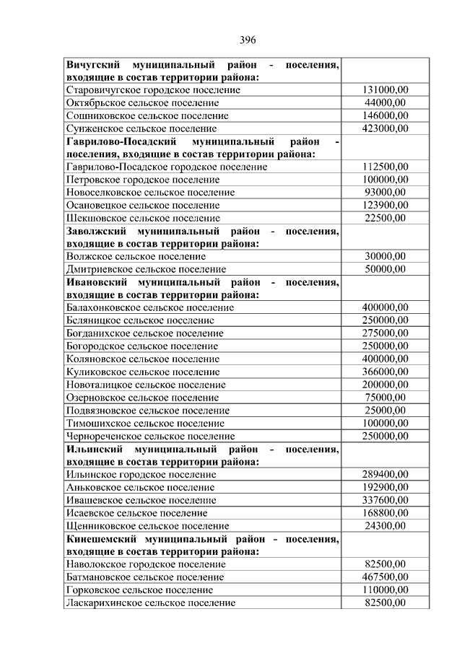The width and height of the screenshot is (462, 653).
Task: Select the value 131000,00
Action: click(385, 89)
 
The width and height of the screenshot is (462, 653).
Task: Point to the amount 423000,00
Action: click(385, 128)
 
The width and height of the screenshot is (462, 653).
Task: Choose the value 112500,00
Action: click(385, 167)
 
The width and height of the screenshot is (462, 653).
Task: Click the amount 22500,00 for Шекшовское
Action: click(385, 217)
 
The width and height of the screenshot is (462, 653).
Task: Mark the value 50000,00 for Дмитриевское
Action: click(385, 269)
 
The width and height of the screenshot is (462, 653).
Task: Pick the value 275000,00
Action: click(385, 333)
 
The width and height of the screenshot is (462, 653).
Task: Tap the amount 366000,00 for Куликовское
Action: click(385, 372)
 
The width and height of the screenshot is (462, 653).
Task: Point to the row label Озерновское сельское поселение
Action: click(141, 398)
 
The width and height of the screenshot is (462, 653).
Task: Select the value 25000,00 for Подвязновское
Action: click(385, 410)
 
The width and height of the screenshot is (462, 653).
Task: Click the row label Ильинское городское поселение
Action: click(141, 474)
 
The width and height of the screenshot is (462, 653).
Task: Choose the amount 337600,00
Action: click(385, 500)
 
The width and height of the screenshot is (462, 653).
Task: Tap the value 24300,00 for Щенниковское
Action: click(385, 525)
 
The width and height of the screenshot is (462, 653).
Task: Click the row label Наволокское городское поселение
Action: click(144, 564)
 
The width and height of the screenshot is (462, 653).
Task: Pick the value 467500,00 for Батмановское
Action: click(385, 577)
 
